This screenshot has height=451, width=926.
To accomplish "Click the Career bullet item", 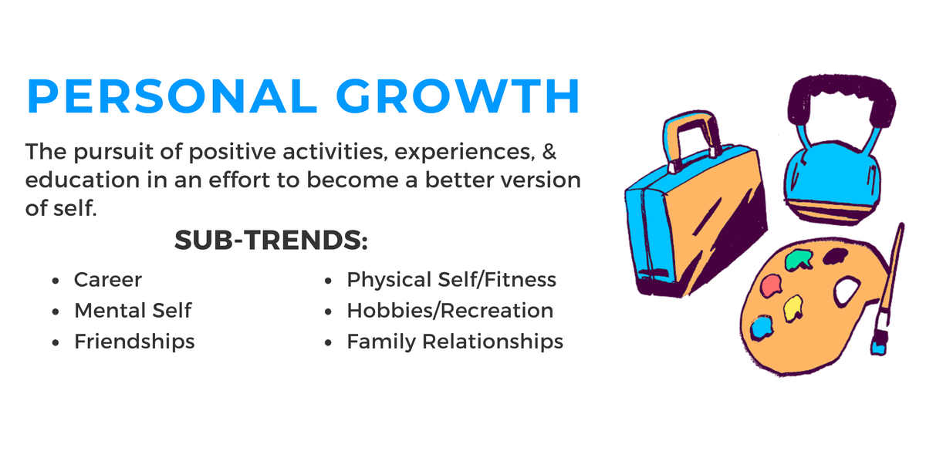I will pyautogui.click(x=108, y=279).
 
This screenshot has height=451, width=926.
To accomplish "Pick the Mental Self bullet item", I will pyautogui.click(x=133, y=310).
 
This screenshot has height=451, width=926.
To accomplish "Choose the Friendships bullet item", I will pyautogui.click(x=134, y=341).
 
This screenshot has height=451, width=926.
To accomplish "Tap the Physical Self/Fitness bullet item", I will pyautogui.click(x=451, y=279).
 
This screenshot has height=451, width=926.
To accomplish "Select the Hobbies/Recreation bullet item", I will pyautogui.click(x=450, y=310).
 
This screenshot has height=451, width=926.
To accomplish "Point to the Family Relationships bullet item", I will pyautogui.click(x=455, y=341).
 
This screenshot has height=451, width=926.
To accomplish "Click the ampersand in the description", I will pyautogui.click(x=549, y=151).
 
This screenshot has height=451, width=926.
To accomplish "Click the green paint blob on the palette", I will pyautogui.click(x=796, y=263).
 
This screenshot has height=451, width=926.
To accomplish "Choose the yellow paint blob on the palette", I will pyautogui.click(x=793, y=310).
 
